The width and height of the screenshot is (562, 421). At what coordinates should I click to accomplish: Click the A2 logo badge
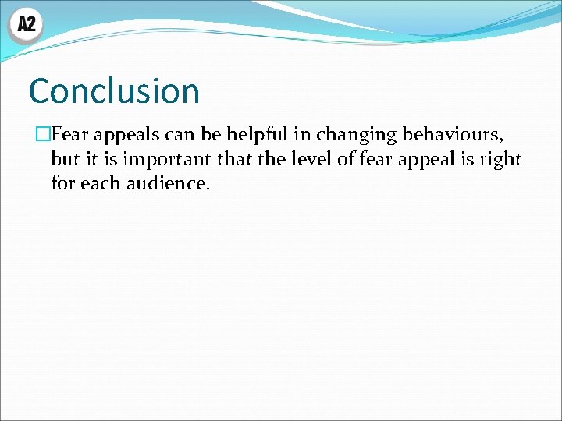pyautogui.click(x=26, y=25)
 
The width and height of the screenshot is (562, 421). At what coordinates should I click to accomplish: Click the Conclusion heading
pyautogui.click(x=114, y=91)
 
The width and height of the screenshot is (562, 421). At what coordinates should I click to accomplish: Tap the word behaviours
pyautogui.click(x=452, y=135)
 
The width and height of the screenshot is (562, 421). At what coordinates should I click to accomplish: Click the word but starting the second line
pyautogui.click(x=66, y=160)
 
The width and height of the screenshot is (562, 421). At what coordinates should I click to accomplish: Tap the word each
pyautogui.click(x=99, y=185)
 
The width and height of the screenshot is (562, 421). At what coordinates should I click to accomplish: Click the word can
pyautogui.click(x=180, y=135)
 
